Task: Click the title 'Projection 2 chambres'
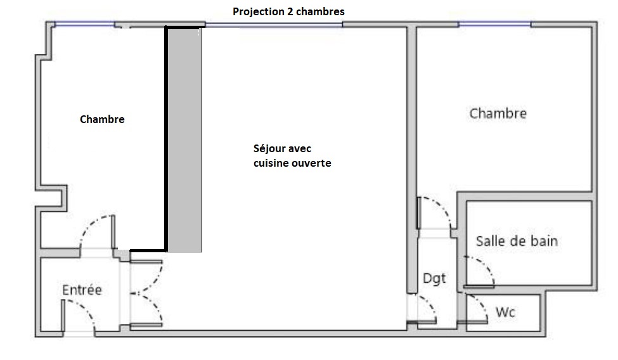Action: (x=288, y=11)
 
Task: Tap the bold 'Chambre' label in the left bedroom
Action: (x=102, y=119)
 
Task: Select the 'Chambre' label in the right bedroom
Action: (x=498, y=113)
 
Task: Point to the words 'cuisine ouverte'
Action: (x=292, y=163)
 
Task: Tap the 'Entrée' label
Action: (x=82, y=290)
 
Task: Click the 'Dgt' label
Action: (x=434, y=279)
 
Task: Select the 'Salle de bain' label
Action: (x=517, y=241)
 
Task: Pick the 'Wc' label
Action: (x=505, y=312)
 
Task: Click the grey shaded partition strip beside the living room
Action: (x=185, y=140)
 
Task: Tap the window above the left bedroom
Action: (x=85, y=25)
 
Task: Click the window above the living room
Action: (x=274, y=25)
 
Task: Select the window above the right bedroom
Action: (x=494, y=25)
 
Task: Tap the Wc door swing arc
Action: (x=481, y=304)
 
